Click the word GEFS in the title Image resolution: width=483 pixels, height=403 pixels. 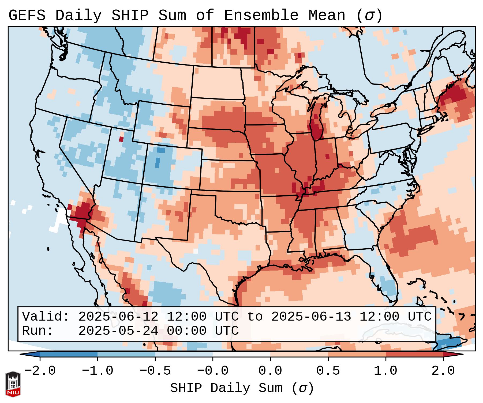coord(27,16)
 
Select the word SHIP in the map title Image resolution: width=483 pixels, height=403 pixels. coord(130,16)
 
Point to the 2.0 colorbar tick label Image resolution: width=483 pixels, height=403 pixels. coord(443,371)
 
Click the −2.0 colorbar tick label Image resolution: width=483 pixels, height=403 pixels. coord(40,371)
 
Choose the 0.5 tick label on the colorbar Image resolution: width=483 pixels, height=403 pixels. coord(328,371)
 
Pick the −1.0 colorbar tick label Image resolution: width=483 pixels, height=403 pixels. coord(97,371)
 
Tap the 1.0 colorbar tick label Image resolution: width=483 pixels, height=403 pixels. coord(386,371)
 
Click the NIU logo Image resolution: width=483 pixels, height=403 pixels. coord(13,384)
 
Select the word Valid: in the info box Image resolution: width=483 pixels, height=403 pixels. coord(46,317)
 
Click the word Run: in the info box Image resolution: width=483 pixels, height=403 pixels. coord(38,331)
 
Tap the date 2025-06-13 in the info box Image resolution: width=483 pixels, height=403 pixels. coord(311,317)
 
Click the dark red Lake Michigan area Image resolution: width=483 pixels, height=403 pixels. coord(317,126)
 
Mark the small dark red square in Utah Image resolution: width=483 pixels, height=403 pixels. coord(121,139)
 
